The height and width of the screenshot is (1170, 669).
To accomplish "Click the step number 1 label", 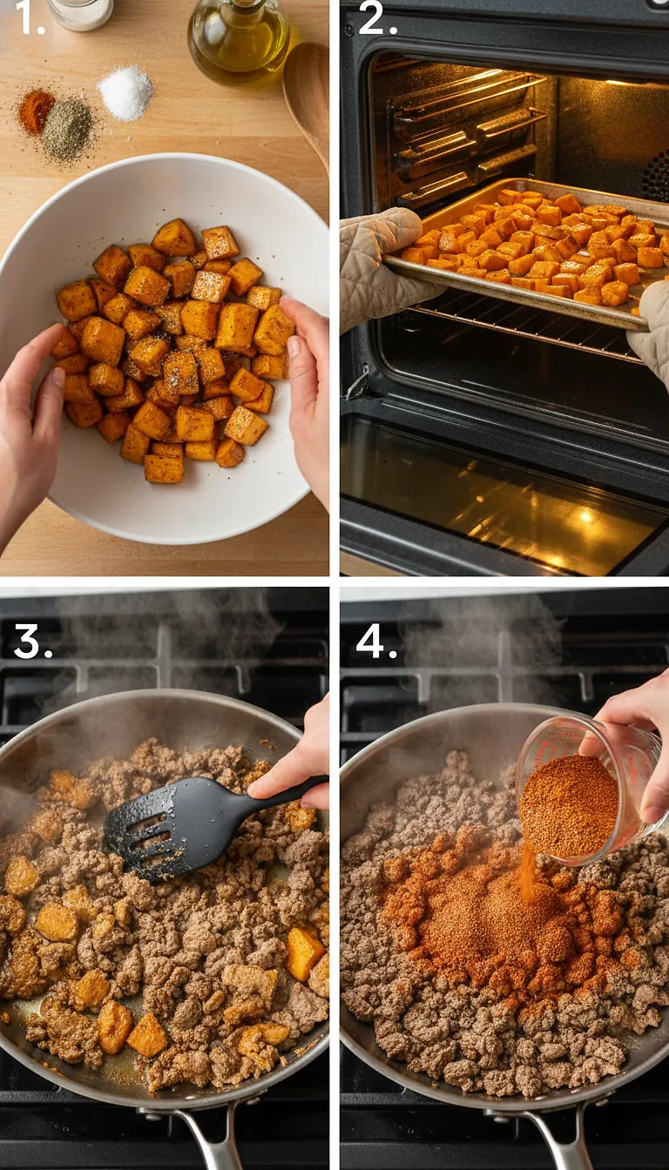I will coord(30,20).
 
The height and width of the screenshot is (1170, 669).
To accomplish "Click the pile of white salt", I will coord(125,92).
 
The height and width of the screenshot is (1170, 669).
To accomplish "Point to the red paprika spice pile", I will coord(36,111).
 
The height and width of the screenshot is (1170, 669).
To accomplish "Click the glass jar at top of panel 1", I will coord(80,12).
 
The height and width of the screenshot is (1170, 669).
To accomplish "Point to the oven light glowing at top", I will coord(623,82).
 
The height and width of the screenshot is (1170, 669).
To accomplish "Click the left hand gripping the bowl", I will coord(30,418).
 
